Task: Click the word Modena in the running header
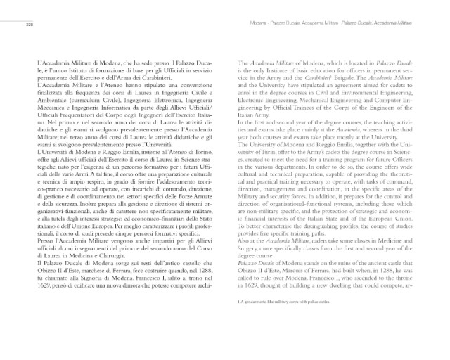[x=260, y=24]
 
